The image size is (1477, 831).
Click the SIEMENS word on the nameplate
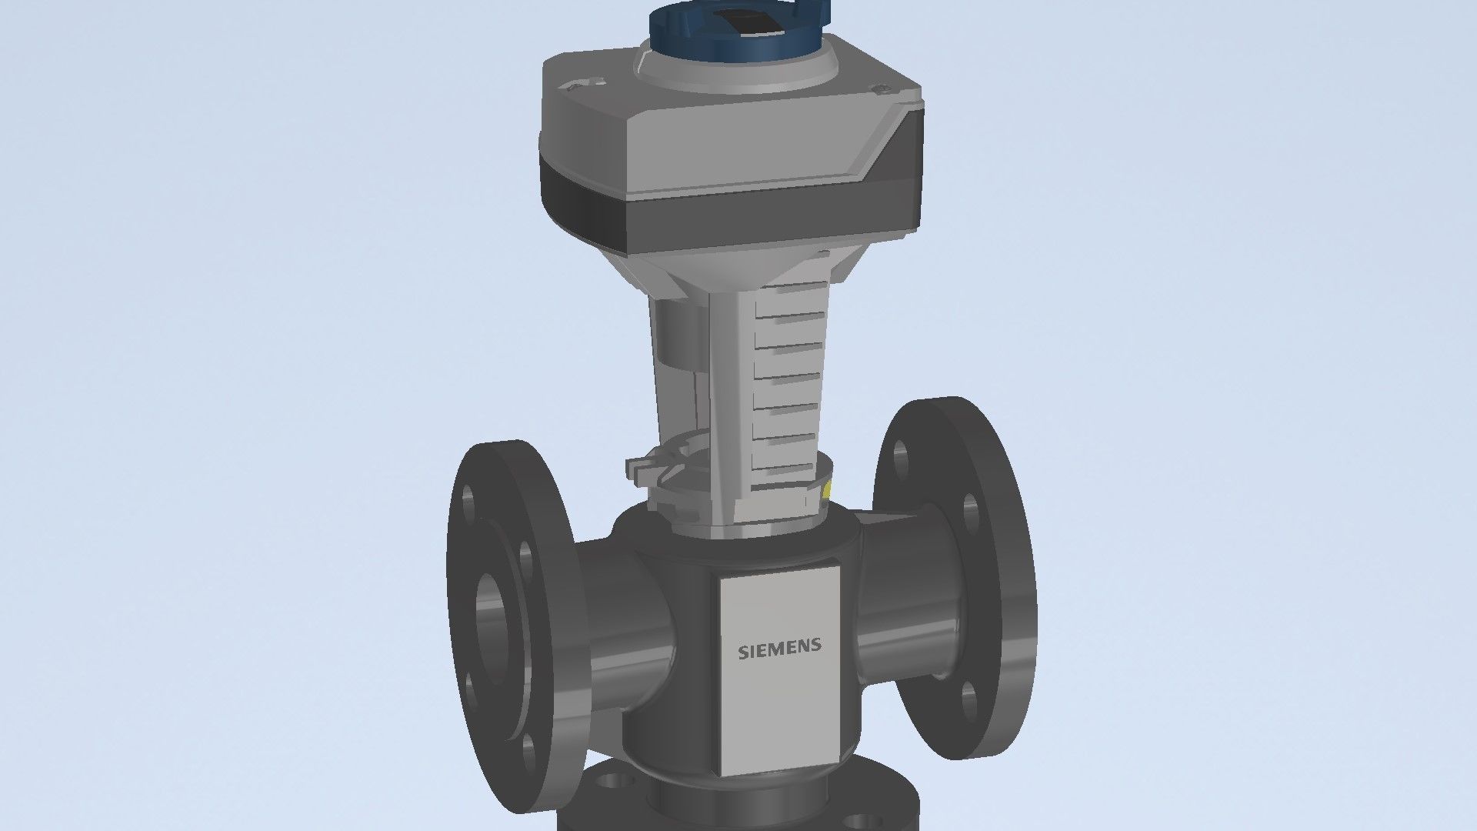click(x=779, y=649)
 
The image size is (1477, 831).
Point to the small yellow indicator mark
click(x=827, y=489)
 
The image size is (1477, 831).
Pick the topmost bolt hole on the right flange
click(x=902, y=459)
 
